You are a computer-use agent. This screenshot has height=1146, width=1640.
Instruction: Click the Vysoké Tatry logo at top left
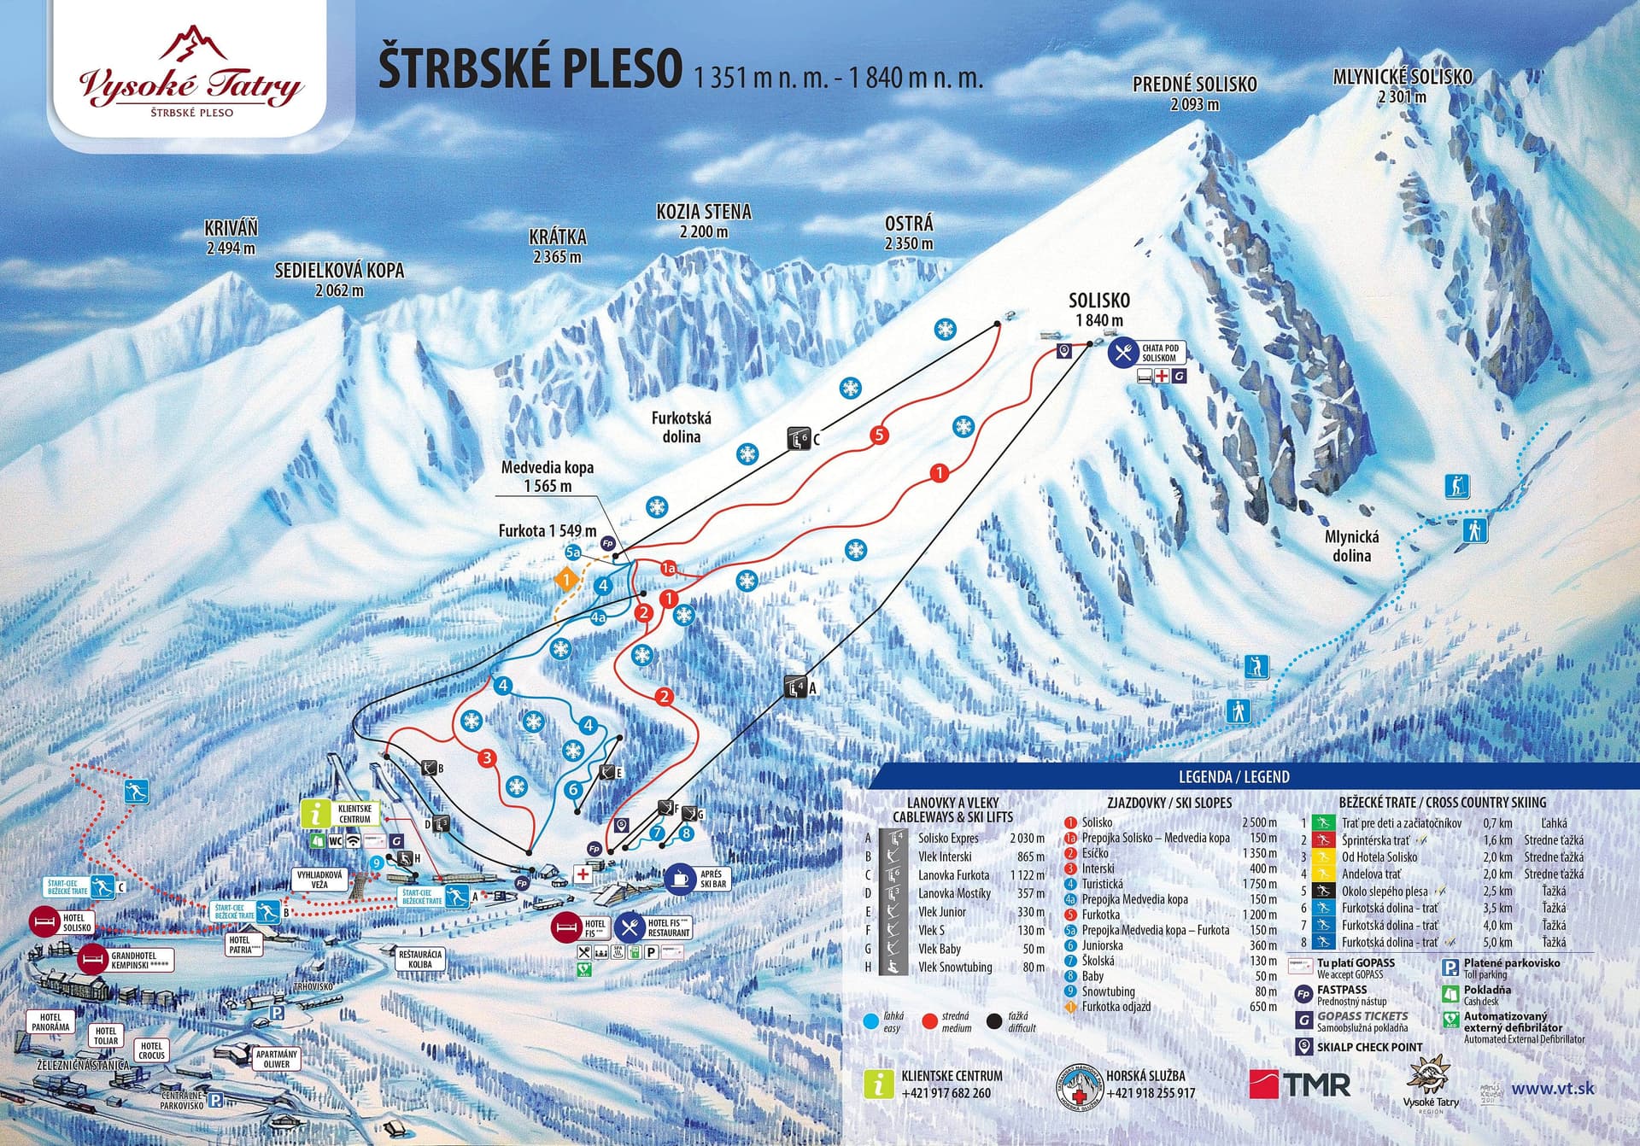(190, 77)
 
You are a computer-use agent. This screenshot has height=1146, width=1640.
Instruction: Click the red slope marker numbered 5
(879, 436)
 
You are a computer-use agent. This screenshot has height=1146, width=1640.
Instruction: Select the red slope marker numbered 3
(487, 757)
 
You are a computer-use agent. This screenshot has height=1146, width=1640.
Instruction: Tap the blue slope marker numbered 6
(574, 789)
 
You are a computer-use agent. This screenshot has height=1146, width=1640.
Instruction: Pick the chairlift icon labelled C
(799, 439)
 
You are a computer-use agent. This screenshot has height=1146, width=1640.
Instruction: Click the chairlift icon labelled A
(796, 687)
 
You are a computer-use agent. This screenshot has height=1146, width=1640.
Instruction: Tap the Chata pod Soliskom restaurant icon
(1122, 353)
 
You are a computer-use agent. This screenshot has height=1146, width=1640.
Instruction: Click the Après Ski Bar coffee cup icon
(680, 879)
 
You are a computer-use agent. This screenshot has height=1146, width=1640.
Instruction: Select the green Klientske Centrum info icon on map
(315, 814)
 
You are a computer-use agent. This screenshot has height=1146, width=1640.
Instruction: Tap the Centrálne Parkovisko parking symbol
(217, 1100)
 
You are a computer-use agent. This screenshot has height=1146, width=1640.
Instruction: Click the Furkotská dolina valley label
(681, 427)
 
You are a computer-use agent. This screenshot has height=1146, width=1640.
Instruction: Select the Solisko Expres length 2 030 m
(1027, 838)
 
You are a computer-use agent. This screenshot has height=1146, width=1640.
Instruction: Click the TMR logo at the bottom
(1300, 1085)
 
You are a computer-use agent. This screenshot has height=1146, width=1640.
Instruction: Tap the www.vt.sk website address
(1553, 1089)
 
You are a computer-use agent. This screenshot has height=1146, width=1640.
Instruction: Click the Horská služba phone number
(1150, 1093)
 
